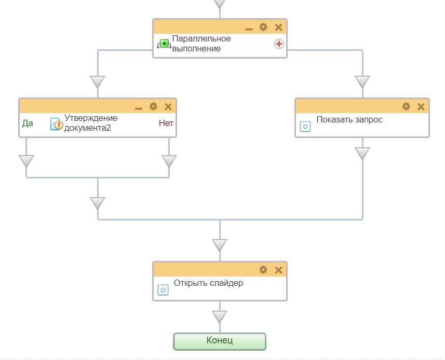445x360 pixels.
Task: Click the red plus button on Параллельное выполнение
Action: point(279,44)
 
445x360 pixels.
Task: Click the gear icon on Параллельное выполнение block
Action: point(263,27)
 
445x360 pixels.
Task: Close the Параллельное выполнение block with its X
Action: point(278,27)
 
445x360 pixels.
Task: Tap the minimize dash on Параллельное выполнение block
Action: point(249,29)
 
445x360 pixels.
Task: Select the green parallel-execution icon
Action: point(164,44)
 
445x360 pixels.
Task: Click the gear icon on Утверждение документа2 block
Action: point(153,106)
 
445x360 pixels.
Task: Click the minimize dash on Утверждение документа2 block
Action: point(139,108)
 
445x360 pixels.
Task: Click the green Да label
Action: point(28,123)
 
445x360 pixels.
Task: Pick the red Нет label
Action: point(166,123)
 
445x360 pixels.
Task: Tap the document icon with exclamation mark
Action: point(56,124)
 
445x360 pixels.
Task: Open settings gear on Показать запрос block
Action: point(406,106)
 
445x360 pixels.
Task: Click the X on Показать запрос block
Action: point(421,106)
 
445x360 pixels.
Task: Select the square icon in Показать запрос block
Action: point(305,127)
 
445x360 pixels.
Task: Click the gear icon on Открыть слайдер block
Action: point(263,270)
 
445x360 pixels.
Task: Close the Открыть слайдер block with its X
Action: point(278,270)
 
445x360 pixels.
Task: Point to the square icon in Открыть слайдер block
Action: point(163,289)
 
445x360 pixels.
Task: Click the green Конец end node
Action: point(220,341)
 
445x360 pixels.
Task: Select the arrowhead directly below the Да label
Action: point(26,161)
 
